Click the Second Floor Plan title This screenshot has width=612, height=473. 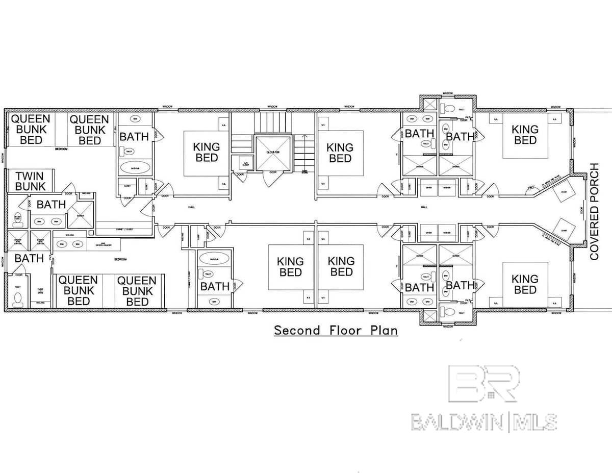click(x=336, y=330)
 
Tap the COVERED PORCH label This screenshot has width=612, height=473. click(x=594, y=212)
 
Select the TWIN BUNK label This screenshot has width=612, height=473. click(x=30, y=181)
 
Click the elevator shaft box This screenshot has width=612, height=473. click(x=272, y=153)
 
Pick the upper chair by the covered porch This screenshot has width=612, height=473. click(x=564, y=193)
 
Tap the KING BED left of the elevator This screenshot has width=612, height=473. click(x=207, y=152)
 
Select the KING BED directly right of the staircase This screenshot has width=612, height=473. click(x=340, y=153)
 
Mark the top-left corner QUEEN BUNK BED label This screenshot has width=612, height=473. click(x=31, y=129)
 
